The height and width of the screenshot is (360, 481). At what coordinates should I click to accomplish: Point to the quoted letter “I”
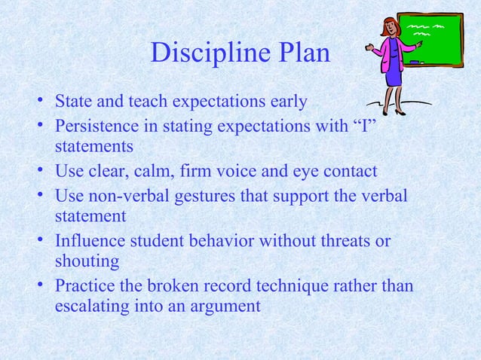click(364, 123)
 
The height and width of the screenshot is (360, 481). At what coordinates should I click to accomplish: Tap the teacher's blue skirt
click(392, 78)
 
